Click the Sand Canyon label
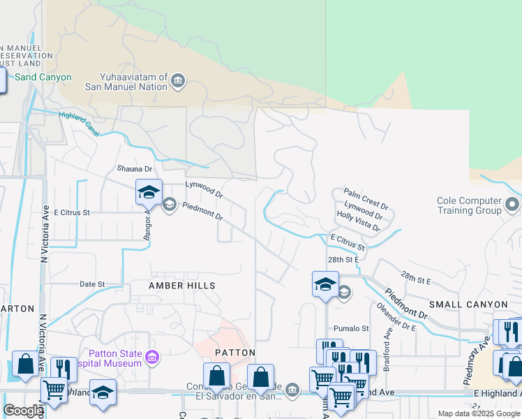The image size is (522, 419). (43, 77)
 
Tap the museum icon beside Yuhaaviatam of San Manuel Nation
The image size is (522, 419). (178, 82)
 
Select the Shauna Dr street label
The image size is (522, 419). (134, 169)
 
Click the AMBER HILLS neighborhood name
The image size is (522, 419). (181, 286)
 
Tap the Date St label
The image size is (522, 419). (92, 284)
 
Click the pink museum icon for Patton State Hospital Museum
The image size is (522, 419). (154, 358)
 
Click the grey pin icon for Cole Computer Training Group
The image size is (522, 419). (512, 205)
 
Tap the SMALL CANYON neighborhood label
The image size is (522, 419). (468, 304)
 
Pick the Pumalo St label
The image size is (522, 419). (351, 328)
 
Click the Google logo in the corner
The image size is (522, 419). (23, 411)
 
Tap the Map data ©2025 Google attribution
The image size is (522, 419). (479, 413)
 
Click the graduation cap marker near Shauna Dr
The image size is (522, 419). (149, 191)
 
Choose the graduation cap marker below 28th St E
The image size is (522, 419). (325, 284)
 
